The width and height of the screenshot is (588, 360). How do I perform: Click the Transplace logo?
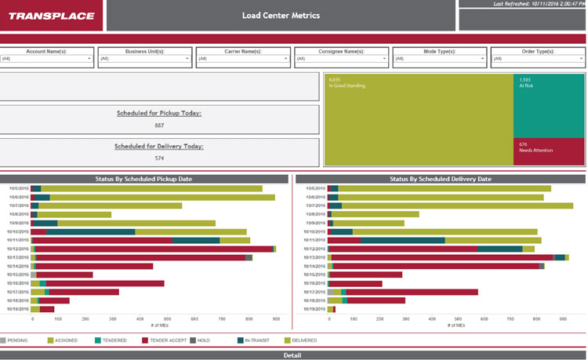[51, 16]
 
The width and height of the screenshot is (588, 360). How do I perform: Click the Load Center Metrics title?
[281, 16]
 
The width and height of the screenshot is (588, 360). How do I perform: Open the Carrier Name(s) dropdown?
[243, 59]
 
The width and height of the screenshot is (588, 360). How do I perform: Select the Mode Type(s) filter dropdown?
[439, 59]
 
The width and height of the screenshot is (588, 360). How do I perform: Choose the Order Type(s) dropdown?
[538, 59]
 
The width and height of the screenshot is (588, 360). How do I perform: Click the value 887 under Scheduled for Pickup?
[159, 125]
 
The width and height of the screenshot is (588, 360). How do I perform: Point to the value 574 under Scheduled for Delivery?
[159, 158]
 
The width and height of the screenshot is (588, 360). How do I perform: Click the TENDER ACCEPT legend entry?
[166, 340]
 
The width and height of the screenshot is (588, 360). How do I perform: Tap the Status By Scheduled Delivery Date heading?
[440, 179]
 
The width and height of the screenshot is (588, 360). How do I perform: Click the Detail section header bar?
[293, 355]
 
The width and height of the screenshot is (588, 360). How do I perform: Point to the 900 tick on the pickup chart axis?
[275, 319]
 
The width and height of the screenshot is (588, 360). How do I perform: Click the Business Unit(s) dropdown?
[145, 59]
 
